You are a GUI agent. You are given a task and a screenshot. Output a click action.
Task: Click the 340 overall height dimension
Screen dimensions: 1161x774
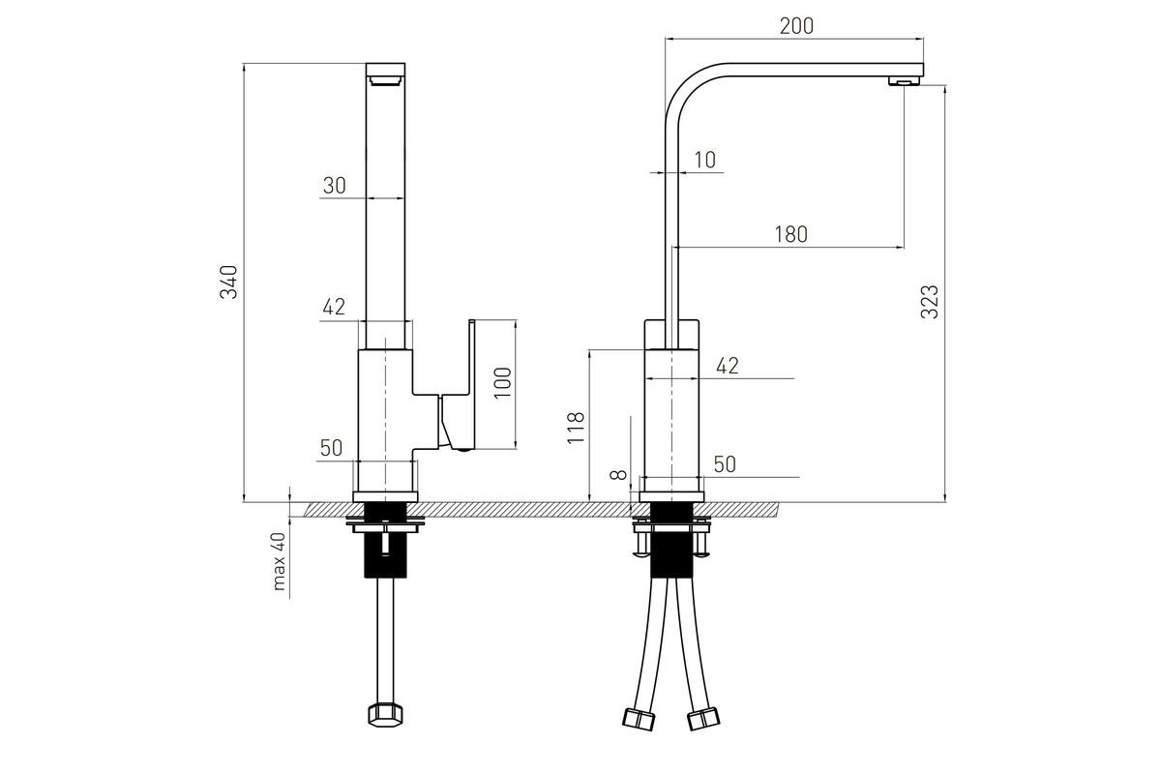228,282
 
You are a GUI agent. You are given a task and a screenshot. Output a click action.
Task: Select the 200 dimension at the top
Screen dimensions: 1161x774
796,26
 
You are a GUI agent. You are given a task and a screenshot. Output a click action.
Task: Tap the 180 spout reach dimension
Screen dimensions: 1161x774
791,234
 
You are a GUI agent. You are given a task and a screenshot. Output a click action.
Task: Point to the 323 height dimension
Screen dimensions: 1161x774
930,302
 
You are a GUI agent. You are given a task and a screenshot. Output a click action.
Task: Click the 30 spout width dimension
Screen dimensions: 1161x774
335,186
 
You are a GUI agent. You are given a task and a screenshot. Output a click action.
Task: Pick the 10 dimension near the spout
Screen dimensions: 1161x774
705,160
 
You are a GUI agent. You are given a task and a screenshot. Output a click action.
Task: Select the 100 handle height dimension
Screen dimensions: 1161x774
503,382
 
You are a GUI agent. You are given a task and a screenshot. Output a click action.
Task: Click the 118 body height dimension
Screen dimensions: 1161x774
576,428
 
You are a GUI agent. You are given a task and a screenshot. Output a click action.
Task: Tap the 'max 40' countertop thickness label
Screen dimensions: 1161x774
279,562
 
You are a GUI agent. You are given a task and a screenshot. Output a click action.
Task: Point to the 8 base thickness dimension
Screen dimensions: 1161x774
618,474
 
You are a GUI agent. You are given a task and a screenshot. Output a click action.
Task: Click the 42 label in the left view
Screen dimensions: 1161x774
334,307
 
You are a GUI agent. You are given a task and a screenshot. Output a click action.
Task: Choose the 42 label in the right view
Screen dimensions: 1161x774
728,366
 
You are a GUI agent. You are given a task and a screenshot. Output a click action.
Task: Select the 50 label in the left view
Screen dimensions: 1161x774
331,448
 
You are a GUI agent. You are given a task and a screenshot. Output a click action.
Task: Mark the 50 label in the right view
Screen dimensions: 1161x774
725,464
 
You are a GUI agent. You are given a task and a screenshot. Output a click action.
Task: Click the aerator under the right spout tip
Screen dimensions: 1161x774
905,81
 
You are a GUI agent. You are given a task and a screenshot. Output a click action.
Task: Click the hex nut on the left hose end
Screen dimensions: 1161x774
386,715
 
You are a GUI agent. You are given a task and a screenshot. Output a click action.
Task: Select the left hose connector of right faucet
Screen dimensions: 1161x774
639,719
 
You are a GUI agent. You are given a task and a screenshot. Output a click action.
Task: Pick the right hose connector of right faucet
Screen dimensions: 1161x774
703,719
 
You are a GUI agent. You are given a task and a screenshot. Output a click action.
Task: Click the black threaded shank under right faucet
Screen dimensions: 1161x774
671,540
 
